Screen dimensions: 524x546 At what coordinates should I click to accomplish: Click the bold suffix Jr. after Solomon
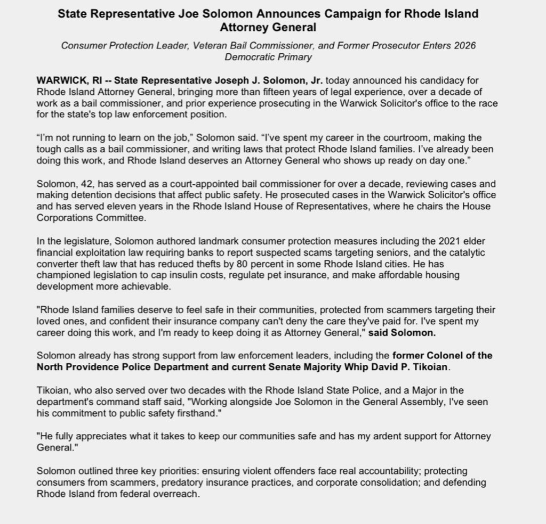[315, 80]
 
